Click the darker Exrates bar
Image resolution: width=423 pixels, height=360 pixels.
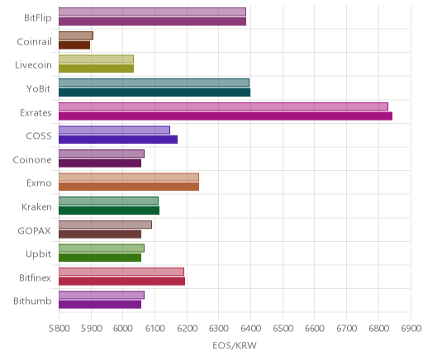(226, 116)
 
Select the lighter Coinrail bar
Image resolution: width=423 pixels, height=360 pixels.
(76, 36)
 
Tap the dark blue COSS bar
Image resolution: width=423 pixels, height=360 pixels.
(118, 140)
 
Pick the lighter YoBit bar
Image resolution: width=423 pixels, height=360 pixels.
(154, 83)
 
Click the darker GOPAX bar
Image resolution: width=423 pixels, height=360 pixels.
(100, 234)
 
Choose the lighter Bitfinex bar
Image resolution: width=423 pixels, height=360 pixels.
(121, 272)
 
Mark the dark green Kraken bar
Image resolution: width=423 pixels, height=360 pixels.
(109, 211)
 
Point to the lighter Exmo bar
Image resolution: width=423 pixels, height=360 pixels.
(129, 178)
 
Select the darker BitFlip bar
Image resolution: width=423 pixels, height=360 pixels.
(152, 21)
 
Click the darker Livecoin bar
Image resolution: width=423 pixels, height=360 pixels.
(96, 69)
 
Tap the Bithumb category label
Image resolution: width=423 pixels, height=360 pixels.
(32, 301)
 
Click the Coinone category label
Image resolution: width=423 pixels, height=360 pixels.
(32, 159)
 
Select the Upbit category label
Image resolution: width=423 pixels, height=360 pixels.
(38, 254)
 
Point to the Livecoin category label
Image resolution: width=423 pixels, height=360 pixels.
(33, 65)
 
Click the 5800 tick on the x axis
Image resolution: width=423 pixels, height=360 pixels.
(59, 329)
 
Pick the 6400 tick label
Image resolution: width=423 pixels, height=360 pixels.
(250, 329)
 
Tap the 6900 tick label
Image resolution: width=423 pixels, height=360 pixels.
(411, 329)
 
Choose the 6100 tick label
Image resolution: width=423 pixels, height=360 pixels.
(154, 329)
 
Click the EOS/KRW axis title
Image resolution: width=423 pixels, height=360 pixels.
(235, 345)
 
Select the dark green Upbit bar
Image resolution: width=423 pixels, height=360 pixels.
(100, 258)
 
